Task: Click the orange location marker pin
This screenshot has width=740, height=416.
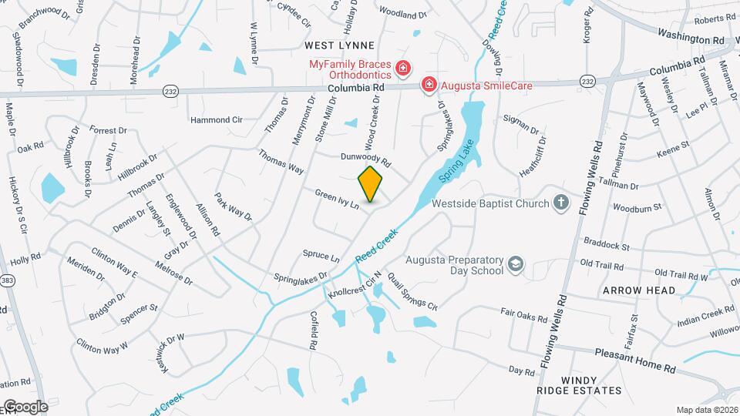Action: (x=370, y=185)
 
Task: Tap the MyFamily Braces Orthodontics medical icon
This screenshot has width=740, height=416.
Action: (x=402, y=70)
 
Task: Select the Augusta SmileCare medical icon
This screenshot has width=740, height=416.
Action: (x=429, y=84)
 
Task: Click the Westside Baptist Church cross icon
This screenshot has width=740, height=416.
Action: (x=563, y=203)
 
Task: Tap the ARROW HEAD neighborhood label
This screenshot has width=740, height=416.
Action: (x=639, y=290)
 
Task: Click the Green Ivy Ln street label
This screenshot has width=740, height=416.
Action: (x=337, y=199)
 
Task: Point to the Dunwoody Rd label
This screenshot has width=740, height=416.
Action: (x=366, y=159)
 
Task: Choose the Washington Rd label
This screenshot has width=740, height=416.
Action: (x=691, y=37)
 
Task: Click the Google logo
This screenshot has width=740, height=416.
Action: (x=25, y=406)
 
